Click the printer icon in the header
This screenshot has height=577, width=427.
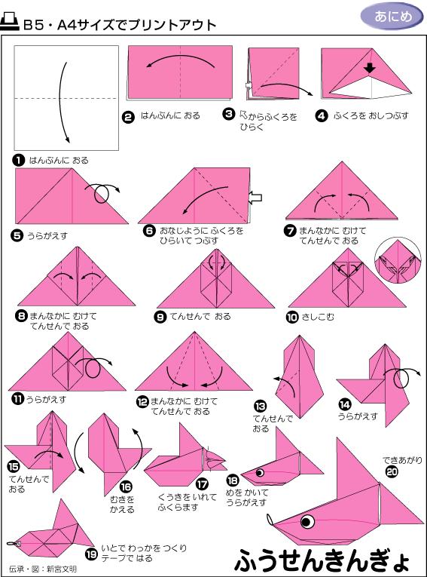point(11,23)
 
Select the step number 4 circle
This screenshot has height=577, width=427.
point(322,115)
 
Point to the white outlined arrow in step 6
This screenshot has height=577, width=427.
point(256,198)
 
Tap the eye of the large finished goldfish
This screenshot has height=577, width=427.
point(307,522)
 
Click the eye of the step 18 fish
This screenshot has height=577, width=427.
point(261,473)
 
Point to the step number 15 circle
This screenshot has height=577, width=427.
point(14,467)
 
